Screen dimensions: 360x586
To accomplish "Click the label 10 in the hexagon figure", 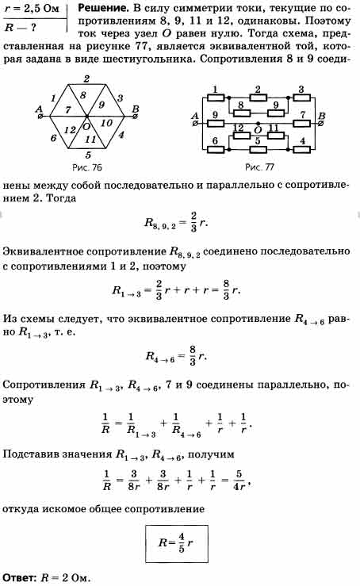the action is pos(106,123).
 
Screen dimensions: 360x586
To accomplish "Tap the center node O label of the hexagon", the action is pos(86,126).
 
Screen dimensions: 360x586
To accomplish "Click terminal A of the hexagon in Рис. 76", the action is pos(40,117).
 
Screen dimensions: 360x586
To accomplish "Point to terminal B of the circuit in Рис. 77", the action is pos(321,123).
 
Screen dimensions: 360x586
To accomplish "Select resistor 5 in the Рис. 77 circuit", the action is pos(258,149).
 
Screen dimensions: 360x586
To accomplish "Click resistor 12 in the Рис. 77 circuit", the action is pos(242,136).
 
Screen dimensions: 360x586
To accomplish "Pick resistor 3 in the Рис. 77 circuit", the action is pos(301,98).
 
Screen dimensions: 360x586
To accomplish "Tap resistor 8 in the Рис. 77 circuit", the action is pos(242,112).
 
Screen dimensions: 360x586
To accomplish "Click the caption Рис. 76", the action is pos(86,167).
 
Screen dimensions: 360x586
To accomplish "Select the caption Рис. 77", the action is pos(259,167).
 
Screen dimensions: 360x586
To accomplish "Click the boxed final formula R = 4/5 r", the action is pos(177,543).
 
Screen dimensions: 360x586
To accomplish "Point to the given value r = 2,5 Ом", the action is pos(32,8).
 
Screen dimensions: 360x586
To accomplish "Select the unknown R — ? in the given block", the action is pos(21,28).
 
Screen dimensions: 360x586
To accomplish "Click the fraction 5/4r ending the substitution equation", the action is pos(239,480).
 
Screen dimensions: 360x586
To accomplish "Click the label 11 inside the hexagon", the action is pos(90,139).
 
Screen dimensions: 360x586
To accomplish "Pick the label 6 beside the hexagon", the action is pos(53,138).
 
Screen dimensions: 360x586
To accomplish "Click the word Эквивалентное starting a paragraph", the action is pos(42,251).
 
